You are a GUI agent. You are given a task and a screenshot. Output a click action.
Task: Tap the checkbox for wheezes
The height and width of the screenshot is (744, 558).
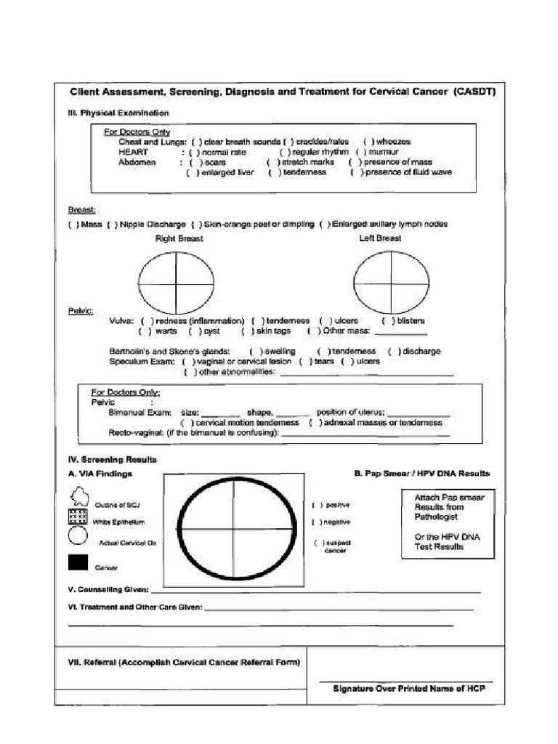tap(368, 142)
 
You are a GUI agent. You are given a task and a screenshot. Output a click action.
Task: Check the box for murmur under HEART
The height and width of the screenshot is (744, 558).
tap(361, 153)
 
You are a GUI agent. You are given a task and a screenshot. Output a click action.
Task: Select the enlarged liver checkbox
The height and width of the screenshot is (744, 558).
tap(191, 173)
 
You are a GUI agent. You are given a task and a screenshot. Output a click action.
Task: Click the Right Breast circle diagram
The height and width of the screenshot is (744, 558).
tap(177, 282)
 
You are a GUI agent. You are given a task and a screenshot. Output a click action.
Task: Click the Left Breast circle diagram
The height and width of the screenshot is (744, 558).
tap(391, 282)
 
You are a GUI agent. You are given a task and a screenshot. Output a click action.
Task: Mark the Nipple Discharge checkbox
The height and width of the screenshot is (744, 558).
tap(112, 225)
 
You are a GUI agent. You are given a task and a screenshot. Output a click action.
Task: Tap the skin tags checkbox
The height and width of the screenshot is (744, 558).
tap(247, 331)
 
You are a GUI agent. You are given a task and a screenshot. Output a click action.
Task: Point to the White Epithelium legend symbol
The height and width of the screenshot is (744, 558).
tap(78, 518)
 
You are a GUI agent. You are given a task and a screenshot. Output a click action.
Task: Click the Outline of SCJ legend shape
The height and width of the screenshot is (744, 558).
tap(78, 498)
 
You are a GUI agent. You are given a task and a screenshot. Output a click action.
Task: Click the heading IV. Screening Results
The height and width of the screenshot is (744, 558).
tap(113, 460)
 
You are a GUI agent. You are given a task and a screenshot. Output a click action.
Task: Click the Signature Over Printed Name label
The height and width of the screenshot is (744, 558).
tap(408, 688)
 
